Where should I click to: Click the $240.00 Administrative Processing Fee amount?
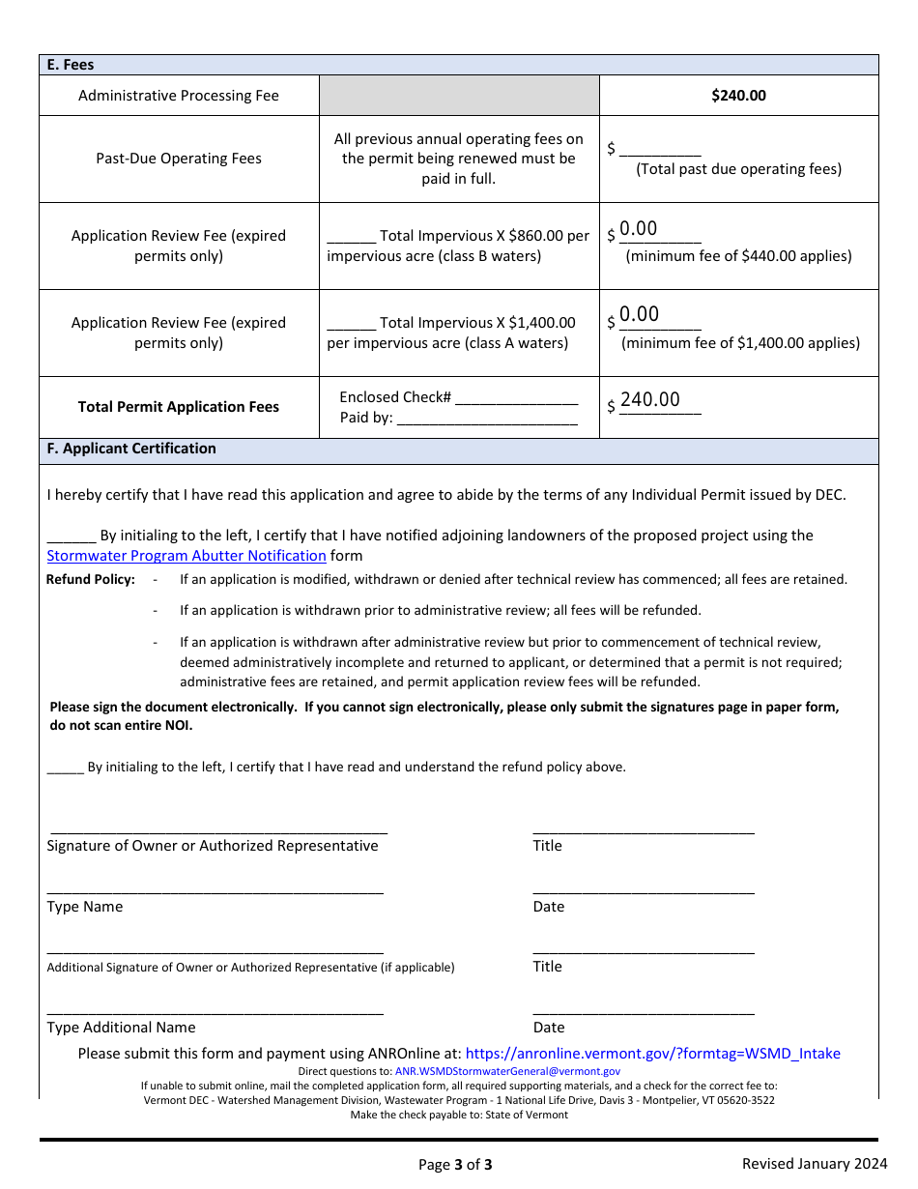[738, 96]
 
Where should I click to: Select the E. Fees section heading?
[71, 65]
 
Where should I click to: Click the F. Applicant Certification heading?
[131, 449]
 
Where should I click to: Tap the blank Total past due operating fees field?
[660, 150]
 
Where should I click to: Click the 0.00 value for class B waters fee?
[639, 229]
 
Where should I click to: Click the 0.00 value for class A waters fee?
[639, 314]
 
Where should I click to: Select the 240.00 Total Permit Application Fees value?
[650, 400]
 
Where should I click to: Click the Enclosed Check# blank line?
[516, 398]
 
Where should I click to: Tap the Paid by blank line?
[487, 420]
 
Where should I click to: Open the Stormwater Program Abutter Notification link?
[186, 556]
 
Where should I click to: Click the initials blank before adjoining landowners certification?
[71, 536]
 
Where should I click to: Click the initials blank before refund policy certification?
[65, 768]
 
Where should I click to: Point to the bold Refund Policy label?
[91, 580]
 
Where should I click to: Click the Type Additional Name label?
[121, 1028]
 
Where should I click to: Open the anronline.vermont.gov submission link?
[652, 1054]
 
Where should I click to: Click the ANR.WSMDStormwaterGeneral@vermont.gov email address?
[507, 1071]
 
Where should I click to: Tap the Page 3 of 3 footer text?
[455, 1164]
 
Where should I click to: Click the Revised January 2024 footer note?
[814, 1163]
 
